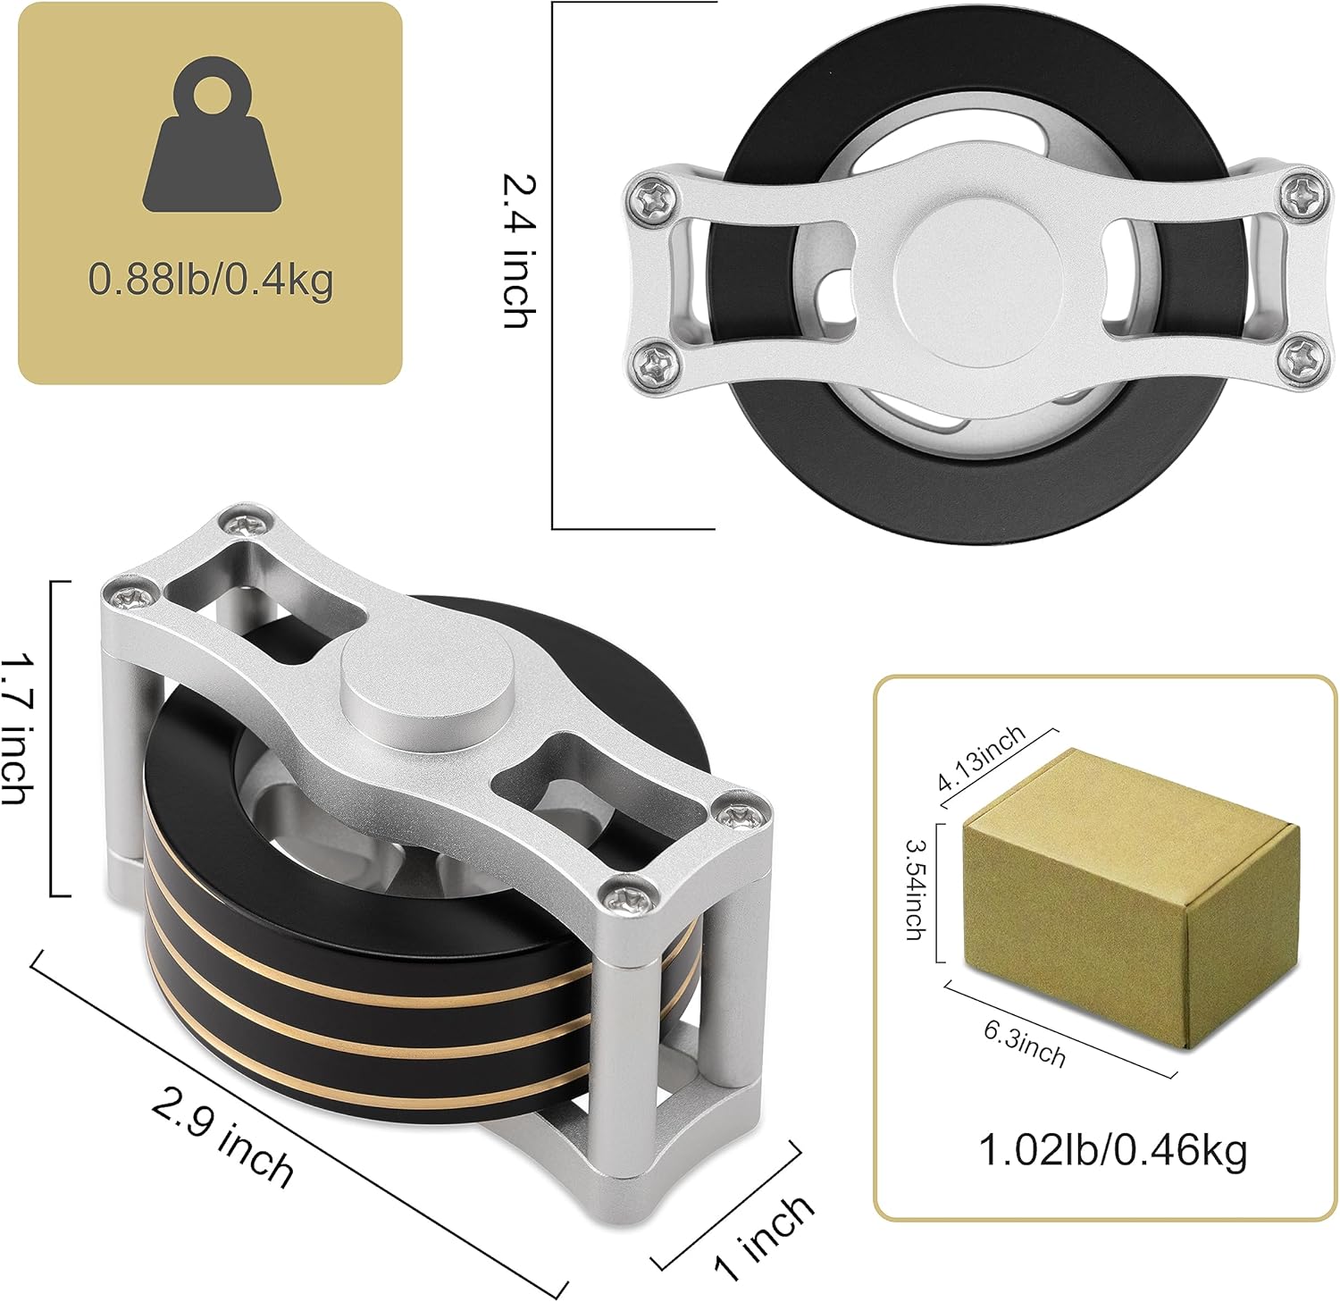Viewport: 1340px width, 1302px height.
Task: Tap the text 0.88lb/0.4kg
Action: click(211, 280)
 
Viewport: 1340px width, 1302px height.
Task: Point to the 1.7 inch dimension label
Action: click(18, 728)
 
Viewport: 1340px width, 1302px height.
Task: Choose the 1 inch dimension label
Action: click(765, 1238)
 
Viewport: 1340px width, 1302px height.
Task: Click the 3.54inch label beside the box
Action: click(917, 889)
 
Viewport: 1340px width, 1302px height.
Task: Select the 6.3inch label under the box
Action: click(1025, 1044)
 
